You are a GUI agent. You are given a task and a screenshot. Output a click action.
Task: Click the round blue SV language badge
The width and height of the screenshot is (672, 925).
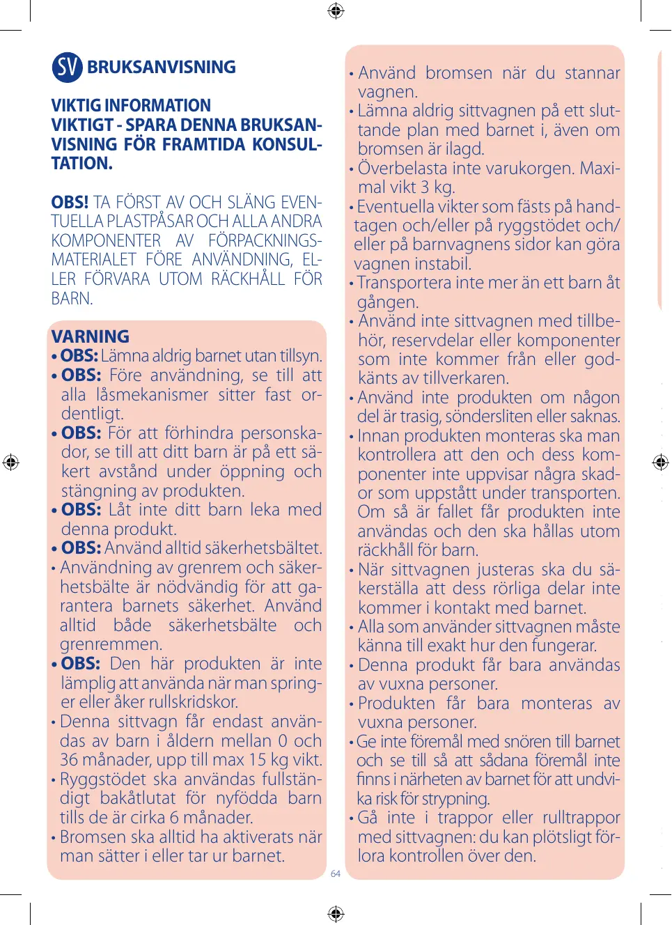click(x=67, y=67)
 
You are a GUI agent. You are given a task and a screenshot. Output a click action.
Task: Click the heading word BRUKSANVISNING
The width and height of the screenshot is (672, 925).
click(x=162, y=67)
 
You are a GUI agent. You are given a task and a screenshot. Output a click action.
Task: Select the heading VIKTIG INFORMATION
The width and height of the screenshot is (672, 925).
click(x=131, y=106)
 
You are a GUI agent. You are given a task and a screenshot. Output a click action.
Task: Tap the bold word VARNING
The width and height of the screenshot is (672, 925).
click(x=91, y=336)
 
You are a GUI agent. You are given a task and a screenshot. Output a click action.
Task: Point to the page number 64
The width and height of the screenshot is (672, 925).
click(x=336, y=873)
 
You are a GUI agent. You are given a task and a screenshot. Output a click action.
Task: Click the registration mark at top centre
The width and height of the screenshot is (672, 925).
click(x=336, y=10)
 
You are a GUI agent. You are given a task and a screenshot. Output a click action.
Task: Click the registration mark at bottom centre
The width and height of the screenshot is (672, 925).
click(x=336, y=913)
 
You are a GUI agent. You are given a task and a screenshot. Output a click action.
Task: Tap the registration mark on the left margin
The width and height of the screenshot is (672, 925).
click(x=10, y=462)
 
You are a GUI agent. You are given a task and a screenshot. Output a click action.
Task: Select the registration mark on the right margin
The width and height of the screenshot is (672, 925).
click(x=661, y=462)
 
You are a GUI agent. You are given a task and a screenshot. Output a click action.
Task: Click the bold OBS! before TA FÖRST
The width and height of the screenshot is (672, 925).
click(x=70, y=203)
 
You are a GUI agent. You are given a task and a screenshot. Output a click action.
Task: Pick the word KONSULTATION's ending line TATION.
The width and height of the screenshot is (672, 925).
click(x=81, y=164)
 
